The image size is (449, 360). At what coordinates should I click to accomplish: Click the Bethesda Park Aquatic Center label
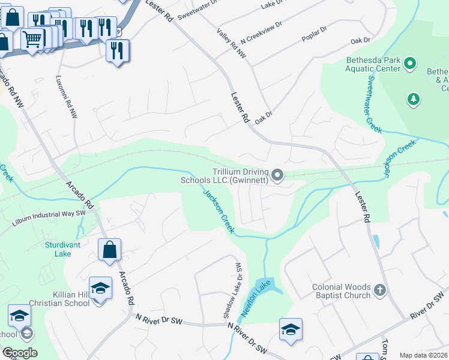tap(373, 64)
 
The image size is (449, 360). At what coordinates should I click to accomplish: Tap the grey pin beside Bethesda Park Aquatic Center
tap(411, 63)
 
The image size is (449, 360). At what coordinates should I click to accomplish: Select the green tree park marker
tap(413, 98)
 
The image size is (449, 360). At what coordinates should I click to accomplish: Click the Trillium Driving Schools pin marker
tap(277, 175)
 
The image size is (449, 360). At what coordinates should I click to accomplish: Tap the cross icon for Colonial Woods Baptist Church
tap(379, 291)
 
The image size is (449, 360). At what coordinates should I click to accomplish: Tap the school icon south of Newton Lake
tap(291, 329)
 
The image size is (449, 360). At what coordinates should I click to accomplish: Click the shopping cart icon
tap(32, 40)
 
